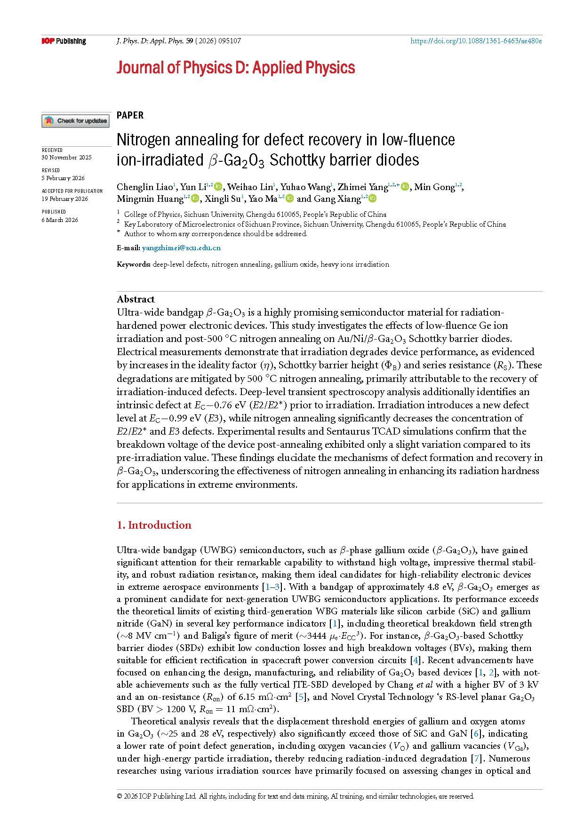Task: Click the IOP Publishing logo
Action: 64,41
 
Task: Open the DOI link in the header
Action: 476,41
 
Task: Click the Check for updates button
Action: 76,121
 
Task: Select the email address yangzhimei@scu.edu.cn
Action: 181,248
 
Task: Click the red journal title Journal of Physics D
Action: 235,68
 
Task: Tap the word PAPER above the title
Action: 130,115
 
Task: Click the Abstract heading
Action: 136,299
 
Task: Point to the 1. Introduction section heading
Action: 154,525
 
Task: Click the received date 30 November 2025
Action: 66,158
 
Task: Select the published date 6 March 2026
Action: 60,220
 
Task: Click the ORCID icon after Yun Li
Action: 218,187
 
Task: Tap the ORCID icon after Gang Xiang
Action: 373,198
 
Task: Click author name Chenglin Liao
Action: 145,187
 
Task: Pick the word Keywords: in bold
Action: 134,264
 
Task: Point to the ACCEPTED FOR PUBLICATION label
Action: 72,191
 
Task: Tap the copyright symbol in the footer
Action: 120,796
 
